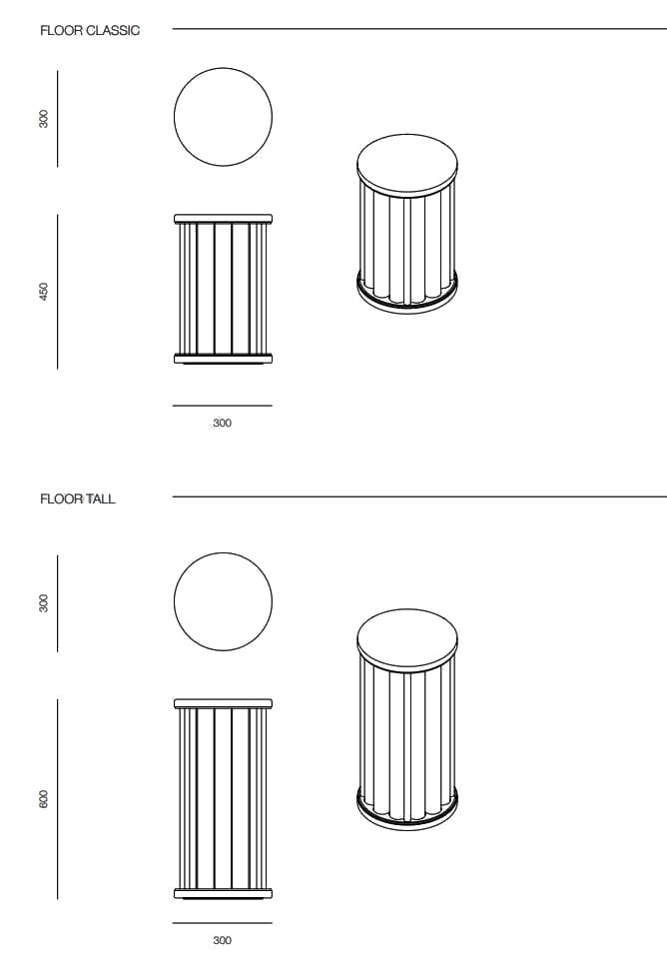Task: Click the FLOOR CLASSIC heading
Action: tap(90, 31)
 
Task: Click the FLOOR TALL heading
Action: tap(78, 498)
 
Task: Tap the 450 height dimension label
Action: tap(43, 291)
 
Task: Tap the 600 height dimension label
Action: tap(43, 799)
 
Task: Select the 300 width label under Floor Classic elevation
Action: tap(222, 424)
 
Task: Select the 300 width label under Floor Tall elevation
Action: tap(222, 940)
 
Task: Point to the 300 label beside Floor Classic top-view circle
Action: tap(43, 119)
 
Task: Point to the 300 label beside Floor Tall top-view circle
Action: tap(43, 603)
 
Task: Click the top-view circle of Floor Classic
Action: tap(223, 116)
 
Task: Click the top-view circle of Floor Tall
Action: tap(223, 601)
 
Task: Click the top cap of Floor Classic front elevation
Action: tap(223, 218)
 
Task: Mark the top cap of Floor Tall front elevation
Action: tap(223, 703)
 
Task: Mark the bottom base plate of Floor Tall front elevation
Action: tap(223, 892)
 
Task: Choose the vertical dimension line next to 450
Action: tap(58, 291)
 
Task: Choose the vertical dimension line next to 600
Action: tap(58, 799)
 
